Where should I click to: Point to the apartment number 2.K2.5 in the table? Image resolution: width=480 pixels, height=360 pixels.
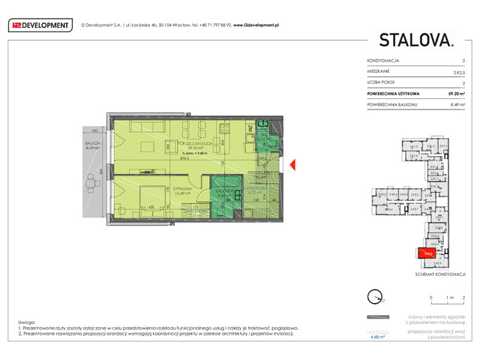(458, 71)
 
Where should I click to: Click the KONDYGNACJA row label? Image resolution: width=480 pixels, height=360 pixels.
(383, 60)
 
